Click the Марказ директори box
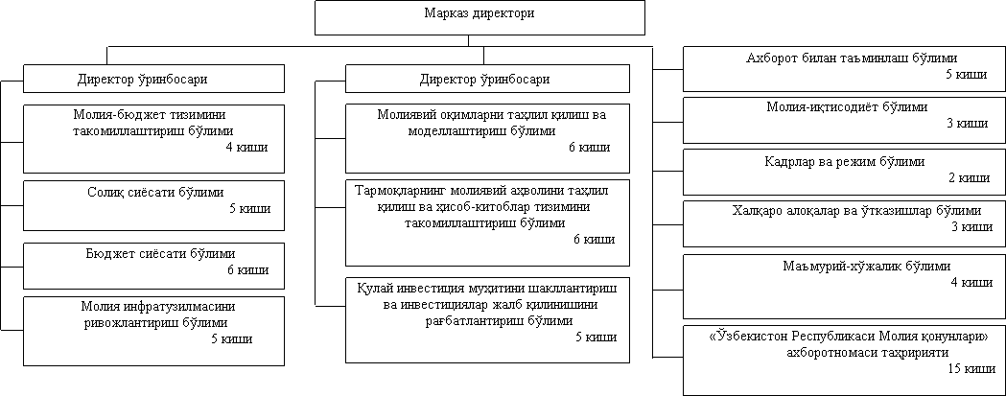point(480,17)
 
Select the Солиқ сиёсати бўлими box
point(154,205)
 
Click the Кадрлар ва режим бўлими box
point(844,172)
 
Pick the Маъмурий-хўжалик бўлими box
point(844,287)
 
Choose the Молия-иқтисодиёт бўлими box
point(844,120)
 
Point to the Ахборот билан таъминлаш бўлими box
point(844,69)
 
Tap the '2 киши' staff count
point(969,177)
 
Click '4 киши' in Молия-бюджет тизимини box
point(246,147)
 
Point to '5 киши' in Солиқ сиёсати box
point(249,208)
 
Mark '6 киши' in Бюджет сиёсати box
point(247,269)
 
